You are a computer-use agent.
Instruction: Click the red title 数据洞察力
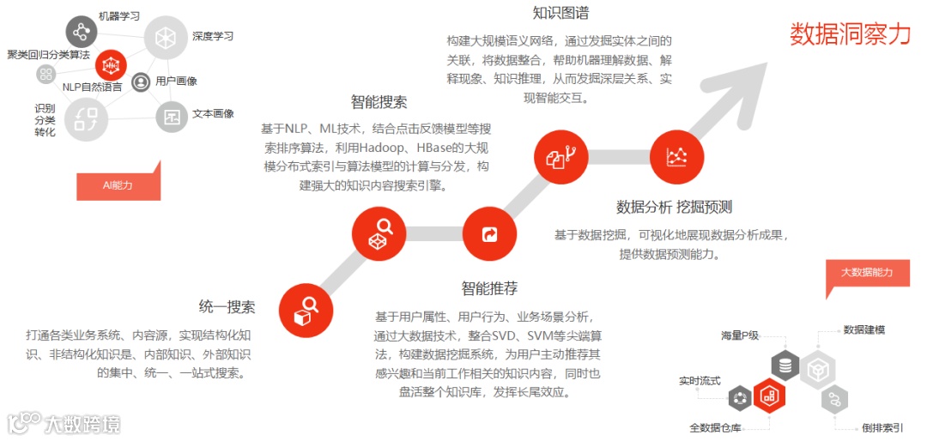tap(850, 33)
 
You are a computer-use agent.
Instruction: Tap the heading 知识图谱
tap(560, 13)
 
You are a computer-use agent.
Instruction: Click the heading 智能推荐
tap(489, 288)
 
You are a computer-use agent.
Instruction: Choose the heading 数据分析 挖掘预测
tap(674, 207)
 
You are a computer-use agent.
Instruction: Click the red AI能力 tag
tap(118, 184)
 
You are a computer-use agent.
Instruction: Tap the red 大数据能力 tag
tap(866, 273)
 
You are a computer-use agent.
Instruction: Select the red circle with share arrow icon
tap(490, 233)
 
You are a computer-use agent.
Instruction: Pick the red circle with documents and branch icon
tap(561, 156)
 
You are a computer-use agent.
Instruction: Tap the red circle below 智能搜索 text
tap(379, 233)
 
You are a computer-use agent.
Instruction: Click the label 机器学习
tap(119, 15)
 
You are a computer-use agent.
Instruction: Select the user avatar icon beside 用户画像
tap(142, 82)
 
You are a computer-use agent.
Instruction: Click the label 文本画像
tap(213, 113)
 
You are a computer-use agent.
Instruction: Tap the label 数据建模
tap(863, 329)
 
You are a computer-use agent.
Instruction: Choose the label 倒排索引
tap(882, 427)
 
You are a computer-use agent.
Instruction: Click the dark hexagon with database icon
tap(785, 365)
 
